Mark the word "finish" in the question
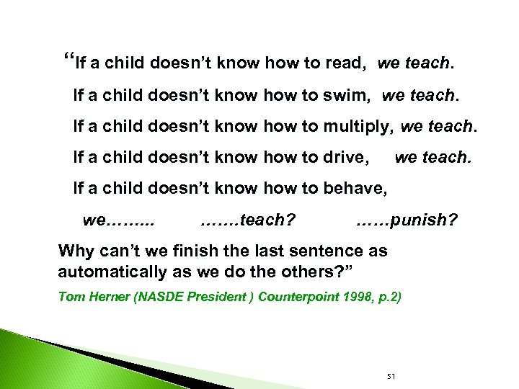tap(189, 251)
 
